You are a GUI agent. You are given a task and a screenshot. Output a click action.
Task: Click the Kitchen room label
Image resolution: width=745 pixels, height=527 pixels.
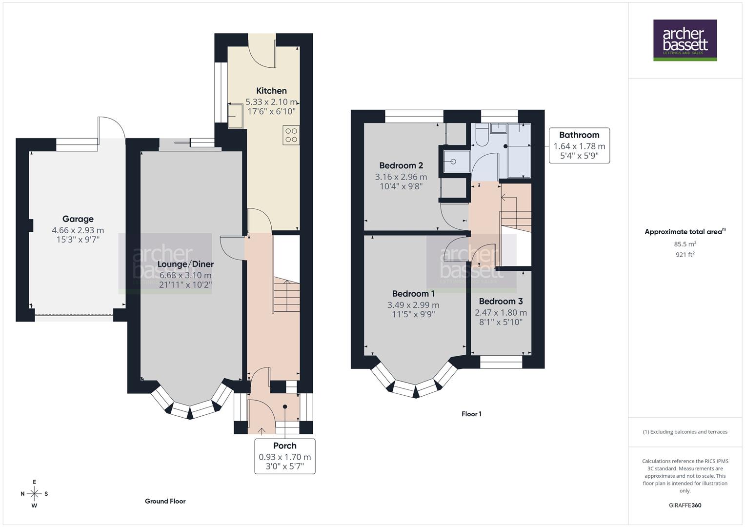tap(271, 91)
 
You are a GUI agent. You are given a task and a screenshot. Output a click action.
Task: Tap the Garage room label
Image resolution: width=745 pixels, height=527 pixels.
tap(78, 219)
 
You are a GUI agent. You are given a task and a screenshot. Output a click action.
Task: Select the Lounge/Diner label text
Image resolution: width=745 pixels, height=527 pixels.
tap(186, 264)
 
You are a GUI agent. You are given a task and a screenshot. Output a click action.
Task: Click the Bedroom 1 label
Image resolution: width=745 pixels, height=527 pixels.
tap(413, 294)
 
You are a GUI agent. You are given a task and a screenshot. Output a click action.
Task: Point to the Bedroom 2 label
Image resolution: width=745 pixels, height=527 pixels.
tap(401, 165)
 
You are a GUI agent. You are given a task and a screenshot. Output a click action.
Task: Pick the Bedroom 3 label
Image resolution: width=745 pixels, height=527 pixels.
tap(501, 302)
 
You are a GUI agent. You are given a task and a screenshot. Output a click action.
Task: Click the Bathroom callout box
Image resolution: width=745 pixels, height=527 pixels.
tap(579, 145)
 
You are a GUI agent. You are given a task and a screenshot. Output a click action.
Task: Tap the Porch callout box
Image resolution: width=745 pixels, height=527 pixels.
tap(284, 456)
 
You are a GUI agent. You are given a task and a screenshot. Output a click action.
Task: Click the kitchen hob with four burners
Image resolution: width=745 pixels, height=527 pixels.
tap(291, 135)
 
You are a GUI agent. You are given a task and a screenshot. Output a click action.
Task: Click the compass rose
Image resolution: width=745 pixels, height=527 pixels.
tap(34, 494)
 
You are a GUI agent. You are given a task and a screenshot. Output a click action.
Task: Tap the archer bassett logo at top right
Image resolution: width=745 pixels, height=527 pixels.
tap(685, 40)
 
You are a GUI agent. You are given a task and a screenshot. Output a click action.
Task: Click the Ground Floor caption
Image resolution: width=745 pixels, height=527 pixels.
tap(165, 501)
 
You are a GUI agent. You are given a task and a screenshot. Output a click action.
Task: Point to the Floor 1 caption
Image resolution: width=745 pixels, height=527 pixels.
tap(471, 414)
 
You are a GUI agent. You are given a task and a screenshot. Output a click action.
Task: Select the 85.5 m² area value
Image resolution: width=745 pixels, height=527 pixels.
tap(685, 244)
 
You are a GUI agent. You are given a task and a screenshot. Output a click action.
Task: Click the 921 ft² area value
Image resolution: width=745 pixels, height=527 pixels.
tap(685, 255)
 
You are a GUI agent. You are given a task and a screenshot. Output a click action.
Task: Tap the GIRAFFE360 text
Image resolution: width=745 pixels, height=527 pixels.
tap(685, 506)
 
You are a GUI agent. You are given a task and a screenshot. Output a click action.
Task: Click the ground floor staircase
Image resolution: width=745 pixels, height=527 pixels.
tap(286, 293)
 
